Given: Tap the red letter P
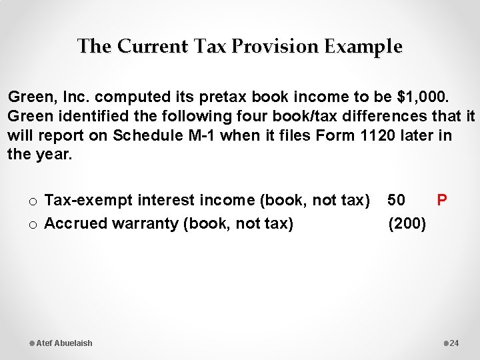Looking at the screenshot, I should (x=441, y=200).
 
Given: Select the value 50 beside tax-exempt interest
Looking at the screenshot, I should (x=396, y=200).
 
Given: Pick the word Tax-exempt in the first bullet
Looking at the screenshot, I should (x=83, y=200).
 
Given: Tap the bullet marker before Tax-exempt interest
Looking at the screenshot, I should (x=32, y=201).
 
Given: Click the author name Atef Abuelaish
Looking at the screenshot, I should (x=64, y=343).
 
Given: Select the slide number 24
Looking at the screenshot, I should (x=455, y=343).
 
